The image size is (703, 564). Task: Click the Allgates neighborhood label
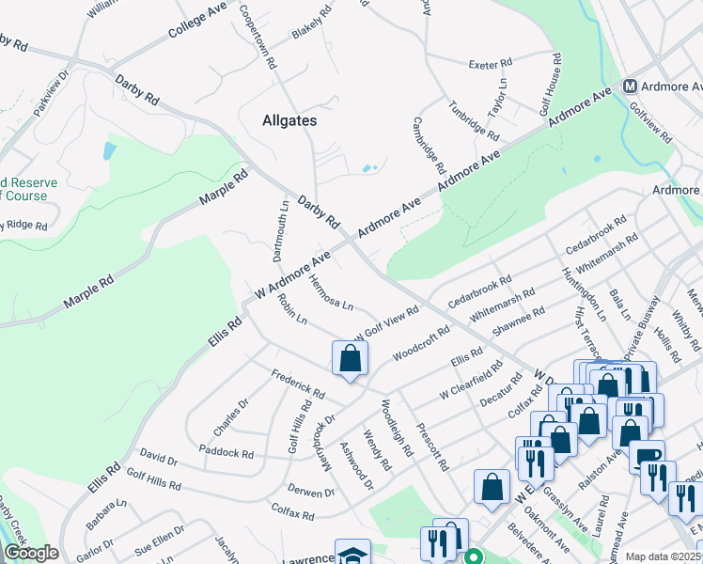click(289, 121)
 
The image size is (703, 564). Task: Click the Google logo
click(31, 554)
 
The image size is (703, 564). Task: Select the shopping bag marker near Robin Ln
click(350, 359)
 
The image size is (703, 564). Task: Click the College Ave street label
click(198, 20)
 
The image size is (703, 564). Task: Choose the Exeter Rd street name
click(490, 64)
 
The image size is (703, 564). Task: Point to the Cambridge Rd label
click(428, 146)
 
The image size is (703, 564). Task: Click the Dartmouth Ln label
click(280, 230)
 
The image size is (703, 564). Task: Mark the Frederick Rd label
click(297, 384)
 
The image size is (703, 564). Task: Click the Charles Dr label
click(230, 417)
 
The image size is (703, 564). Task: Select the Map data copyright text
click(663, 556)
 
